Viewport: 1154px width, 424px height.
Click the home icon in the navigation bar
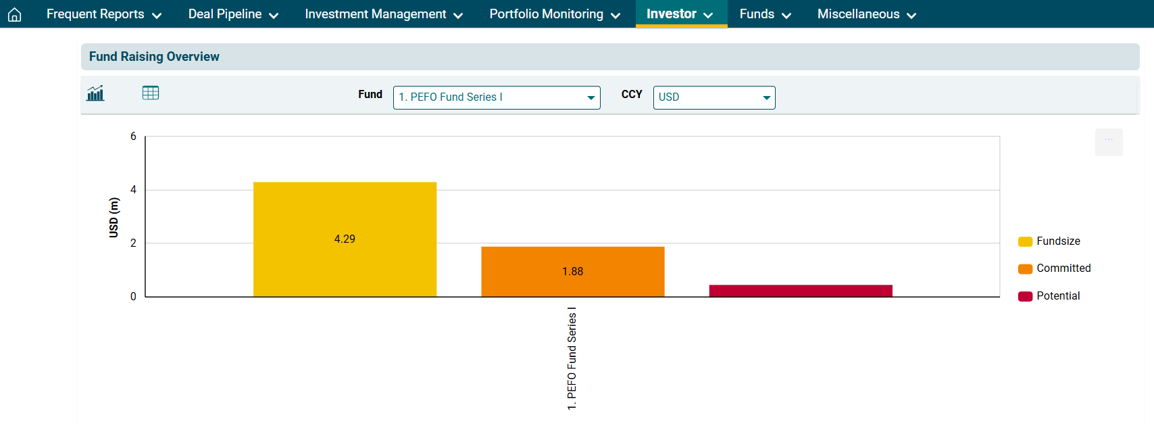14,15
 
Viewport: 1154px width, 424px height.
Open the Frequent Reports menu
103,14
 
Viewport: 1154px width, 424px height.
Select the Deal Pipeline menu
233,14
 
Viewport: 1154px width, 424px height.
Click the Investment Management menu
383,14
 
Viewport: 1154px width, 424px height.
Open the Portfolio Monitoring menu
554,14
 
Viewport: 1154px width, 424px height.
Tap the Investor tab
680,14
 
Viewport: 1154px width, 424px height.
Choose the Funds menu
765,14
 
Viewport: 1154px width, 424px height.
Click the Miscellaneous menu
866,14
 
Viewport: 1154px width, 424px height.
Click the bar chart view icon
95,93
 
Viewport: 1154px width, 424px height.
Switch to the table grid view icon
151,93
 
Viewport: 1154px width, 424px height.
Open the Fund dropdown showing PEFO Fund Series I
497,97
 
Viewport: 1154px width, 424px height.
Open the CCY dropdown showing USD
713,97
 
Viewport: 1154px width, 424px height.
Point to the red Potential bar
801,291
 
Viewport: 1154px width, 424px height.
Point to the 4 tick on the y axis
133,190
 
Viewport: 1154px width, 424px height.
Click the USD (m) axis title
114,217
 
